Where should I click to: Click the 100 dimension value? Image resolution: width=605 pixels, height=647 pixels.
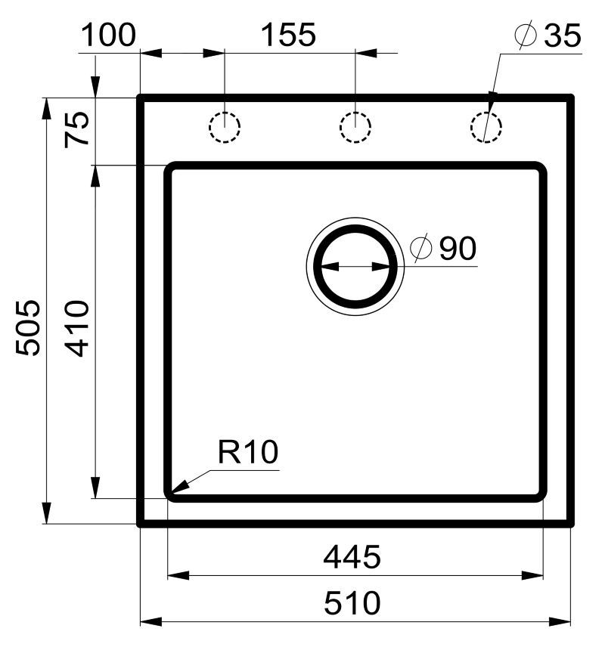click(x=109, y=35)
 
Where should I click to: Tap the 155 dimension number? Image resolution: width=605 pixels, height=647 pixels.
click(x=289, y=35)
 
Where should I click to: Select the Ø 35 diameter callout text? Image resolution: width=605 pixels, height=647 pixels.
click(x=548, y=36)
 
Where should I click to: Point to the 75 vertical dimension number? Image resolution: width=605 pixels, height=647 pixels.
click(x=77, y=129)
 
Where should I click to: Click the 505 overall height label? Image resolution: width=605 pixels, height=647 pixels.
click(x=28, y=327)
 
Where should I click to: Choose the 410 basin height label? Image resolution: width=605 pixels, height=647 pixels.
click(x=77, y=329)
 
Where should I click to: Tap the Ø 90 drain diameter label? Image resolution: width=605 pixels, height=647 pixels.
click(x=443, y=249)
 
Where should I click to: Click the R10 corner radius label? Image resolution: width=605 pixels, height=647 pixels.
click(x=248, y=452)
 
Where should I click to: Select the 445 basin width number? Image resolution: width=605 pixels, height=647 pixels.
click(x=352, y=557)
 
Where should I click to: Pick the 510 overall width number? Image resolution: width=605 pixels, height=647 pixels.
click(x=352, y=603)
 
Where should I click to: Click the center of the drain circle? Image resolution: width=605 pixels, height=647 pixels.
click(x=355, y=267)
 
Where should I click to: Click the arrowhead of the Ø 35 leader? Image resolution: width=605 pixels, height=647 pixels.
click(x=492, y=101)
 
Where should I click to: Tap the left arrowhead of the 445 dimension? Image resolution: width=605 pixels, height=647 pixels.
click(x=178, y=576)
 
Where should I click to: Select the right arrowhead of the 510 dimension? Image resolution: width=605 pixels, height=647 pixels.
click(x=560, y=621)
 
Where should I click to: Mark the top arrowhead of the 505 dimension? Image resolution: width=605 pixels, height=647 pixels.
click(x=47, y=109)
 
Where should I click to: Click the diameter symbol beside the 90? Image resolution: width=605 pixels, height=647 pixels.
click(x=420, y=249)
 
